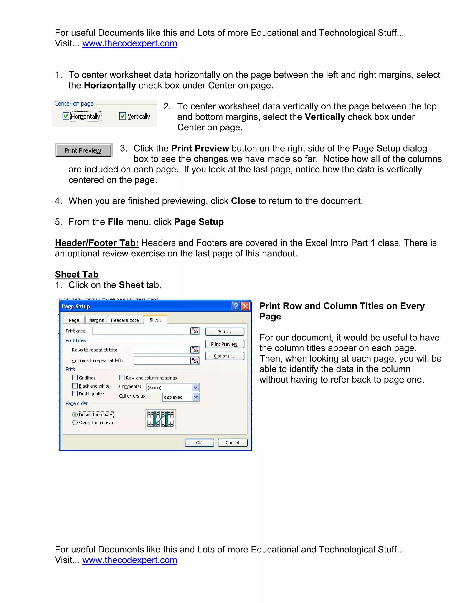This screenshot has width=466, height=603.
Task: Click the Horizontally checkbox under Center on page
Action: click(x=66, y=116)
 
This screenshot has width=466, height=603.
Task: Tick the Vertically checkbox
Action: click(x=123, y=116)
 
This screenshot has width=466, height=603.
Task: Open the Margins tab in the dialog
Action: click(x=96, y=320)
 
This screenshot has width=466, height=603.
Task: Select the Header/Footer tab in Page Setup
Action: click(x=126, y=320)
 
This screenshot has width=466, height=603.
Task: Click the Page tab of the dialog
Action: click(x=74, y=320)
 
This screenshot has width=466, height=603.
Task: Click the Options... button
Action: click(x=224, y=356)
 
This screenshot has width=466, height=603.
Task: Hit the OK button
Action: click(x=199, y=443)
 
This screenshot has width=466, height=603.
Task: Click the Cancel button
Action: click(x=233, y=443)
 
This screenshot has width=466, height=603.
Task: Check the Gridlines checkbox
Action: click(x=75, y=378)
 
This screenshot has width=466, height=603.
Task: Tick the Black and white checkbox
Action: click(x=75, y=386)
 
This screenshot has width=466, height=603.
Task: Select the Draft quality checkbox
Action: click(x=75, y=394)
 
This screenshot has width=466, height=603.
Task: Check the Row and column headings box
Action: click(x=122, y=378)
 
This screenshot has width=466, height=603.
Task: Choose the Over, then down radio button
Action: click(x=75, y=422)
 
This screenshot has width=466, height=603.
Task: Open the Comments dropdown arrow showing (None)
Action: click(x=195, y=388)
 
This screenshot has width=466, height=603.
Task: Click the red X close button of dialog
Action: click(x=245, y=306)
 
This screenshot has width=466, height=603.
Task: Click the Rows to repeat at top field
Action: click(x=162, y=350)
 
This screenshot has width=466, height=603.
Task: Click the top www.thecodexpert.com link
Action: click(x=129, y=43)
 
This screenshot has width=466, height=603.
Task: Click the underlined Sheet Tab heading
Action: click(x=76, y=274)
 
